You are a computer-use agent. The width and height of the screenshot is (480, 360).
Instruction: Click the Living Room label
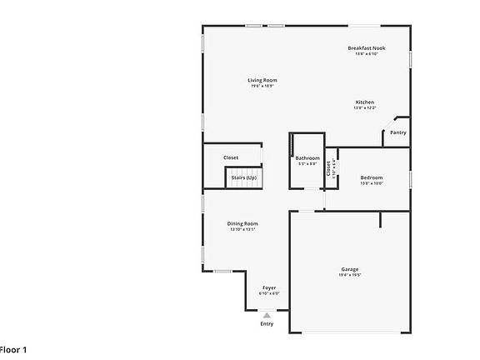262,80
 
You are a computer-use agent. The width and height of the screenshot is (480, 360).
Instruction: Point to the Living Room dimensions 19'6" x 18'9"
262,87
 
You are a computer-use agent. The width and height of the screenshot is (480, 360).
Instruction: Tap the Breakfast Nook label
367,48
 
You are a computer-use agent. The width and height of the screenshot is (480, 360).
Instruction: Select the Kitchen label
364,102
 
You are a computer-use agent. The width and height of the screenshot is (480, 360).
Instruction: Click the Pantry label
398,132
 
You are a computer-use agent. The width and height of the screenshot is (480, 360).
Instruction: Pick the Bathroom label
307,157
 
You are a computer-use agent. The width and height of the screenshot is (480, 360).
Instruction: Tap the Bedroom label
372,177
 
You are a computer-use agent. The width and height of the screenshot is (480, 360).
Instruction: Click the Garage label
350,269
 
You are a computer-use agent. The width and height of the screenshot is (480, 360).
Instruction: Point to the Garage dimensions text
350,276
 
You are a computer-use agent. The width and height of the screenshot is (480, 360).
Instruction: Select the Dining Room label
242,223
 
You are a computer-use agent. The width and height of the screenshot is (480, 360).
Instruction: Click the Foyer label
269,287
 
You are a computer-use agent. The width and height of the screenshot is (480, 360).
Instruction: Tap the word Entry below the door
267,324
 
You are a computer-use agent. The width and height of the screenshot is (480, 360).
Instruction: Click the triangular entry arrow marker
267,315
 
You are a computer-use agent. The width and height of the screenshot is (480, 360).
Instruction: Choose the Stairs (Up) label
244,177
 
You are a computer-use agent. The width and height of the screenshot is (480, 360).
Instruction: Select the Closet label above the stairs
231,157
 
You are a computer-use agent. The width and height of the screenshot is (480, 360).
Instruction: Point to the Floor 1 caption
13,350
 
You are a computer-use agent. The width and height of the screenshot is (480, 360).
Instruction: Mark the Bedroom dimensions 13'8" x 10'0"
372,184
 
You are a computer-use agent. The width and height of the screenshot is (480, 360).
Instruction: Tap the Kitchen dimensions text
364,108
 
